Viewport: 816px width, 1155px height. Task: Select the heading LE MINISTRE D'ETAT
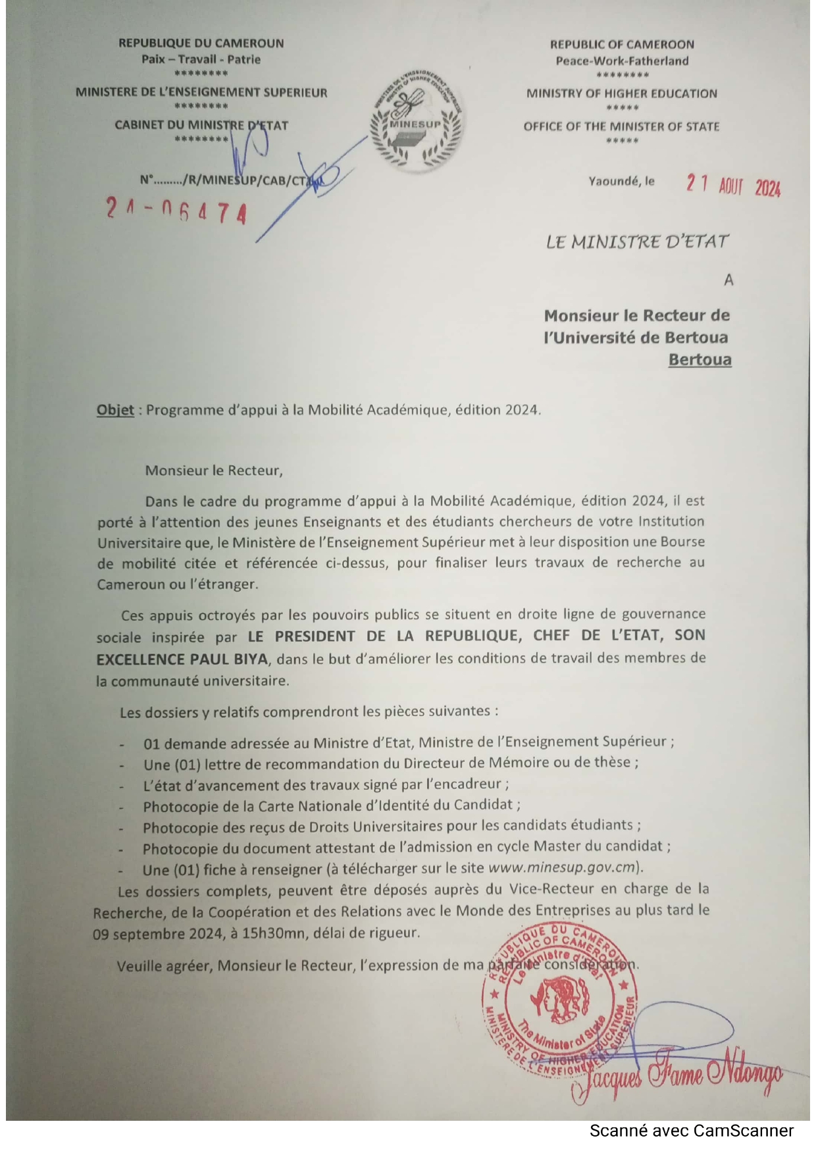[637, 242]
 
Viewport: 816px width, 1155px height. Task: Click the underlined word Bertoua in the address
[700, 360]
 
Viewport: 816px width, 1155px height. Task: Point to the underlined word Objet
[115, 410]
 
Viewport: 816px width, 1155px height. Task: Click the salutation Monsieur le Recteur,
[213, 471]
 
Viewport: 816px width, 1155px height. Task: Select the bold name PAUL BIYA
[230, 659]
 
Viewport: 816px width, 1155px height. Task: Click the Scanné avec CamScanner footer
[691, 1131]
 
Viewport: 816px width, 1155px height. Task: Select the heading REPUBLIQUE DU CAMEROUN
[201, 43]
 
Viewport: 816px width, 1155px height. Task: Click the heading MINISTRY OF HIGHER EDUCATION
[621, 93]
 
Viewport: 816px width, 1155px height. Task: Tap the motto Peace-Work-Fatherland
[622, 61]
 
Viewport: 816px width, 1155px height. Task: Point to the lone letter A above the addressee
[728, 280]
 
